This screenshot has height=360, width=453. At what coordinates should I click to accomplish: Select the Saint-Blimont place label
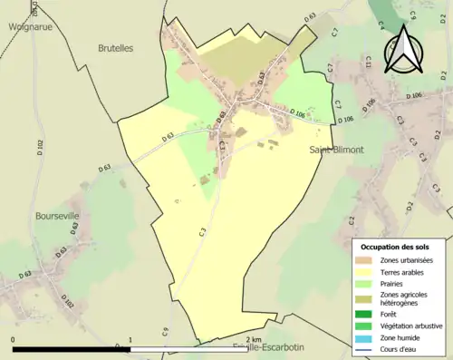click(336, 150)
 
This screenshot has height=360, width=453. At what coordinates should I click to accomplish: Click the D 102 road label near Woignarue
click(39, 150)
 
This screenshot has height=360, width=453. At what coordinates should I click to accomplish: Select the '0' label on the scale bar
click(14, 340)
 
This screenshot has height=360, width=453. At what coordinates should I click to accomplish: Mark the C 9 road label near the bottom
click(166, 332)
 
